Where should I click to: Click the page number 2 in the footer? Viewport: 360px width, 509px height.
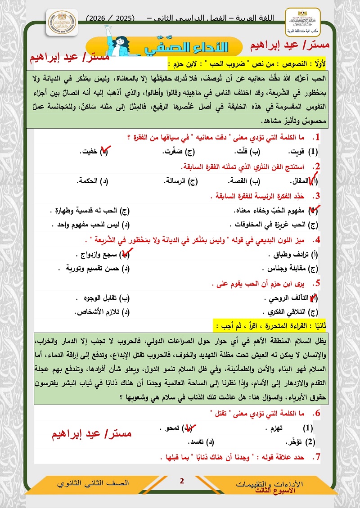[182, 482]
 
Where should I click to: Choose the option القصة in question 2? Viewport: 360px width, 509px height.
[249, 181]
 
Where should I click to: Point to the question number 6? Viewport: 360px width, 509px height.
[318, 413]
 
